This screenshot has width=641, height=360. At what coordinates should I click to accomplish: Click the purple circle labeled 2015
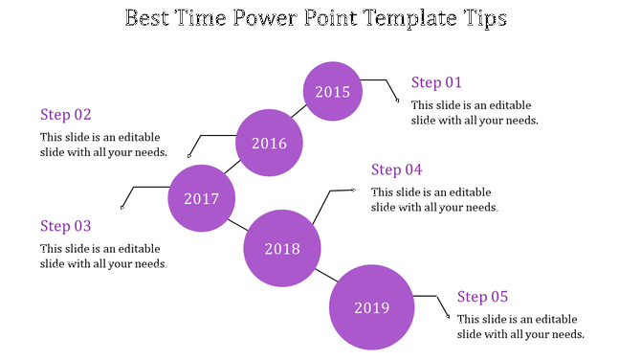[333, 92]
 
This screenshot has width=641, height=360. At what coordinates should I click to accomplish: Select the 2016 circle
[269, 144]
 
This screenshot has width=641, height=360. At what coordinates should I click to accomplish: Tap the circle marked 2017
[201, 199]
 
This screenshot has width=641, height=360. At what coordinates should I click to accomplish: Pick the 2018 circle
[281, 249]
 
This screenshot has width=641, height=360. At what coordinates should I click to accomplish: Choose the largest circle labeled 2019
[371, 307]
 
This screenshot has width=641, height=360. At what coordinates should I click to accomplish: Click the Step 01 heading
[436, 82]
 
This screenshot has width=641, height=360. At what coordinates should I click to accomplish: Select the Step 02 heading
[66, 115]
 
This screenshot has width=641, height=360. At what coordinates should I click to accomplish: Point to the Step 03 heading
[66, 226]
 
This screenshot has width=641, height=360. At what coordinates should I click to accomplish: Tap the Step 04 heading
[397, 169]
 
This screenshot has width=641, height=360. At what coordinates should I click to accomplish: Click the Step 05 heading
[482, 297]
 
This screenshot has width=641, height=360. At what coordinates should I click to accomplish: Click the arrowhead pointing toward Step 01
[398, 98]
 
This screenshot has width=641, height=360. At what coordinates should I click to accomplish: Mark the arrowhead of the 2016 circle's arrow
[189, 155]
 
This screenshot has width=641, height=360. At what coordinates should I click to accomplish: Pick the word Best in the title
[151, 19]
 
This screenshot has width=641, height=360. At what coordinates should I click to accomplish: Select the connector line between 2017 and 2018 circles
[238, 226]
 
